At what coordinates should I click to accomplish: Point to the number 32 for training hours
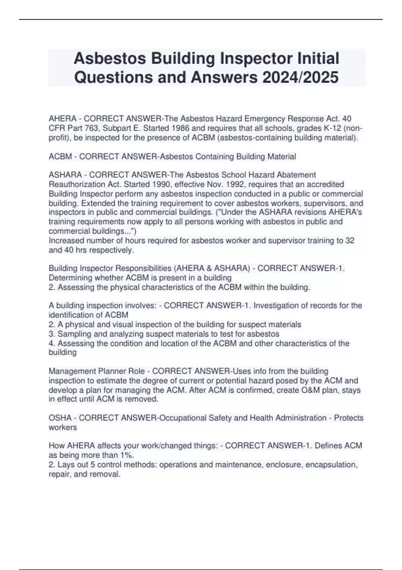click(x=350, y=241)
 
